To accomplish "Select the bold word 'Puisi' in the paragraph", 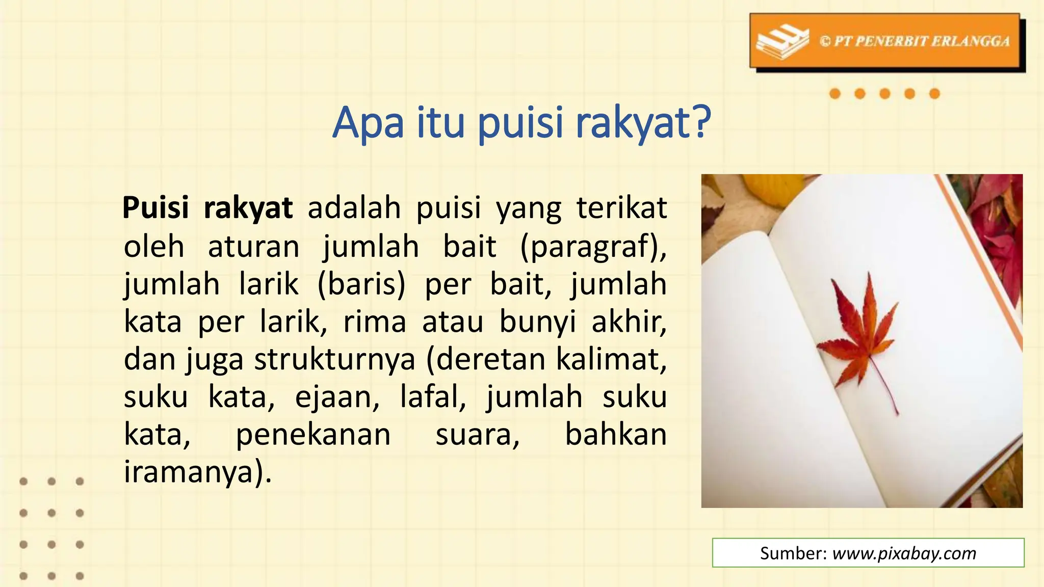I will point(155,208).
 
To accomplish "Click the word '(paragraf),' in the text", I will point(593,247).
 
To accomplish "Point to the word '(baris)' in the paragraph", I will point(361,284).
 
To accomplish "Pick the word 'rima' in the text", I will point(375,322).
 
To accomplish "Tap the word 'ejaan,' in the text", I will point(337,397).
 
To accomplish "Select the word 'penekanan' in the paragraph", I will point(313,435).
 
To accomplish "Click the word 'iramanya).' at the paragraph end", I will point(198,472).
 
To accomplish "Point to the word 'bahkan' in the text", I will point(616,435).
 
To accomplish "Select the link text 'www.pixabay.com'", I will point(904,553).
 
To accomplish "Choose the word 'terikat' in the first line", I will point(621,208).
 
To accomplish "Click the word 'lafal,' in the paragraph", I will point(433,397).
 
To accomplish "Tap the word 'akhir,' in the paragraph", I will point(629,322).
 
